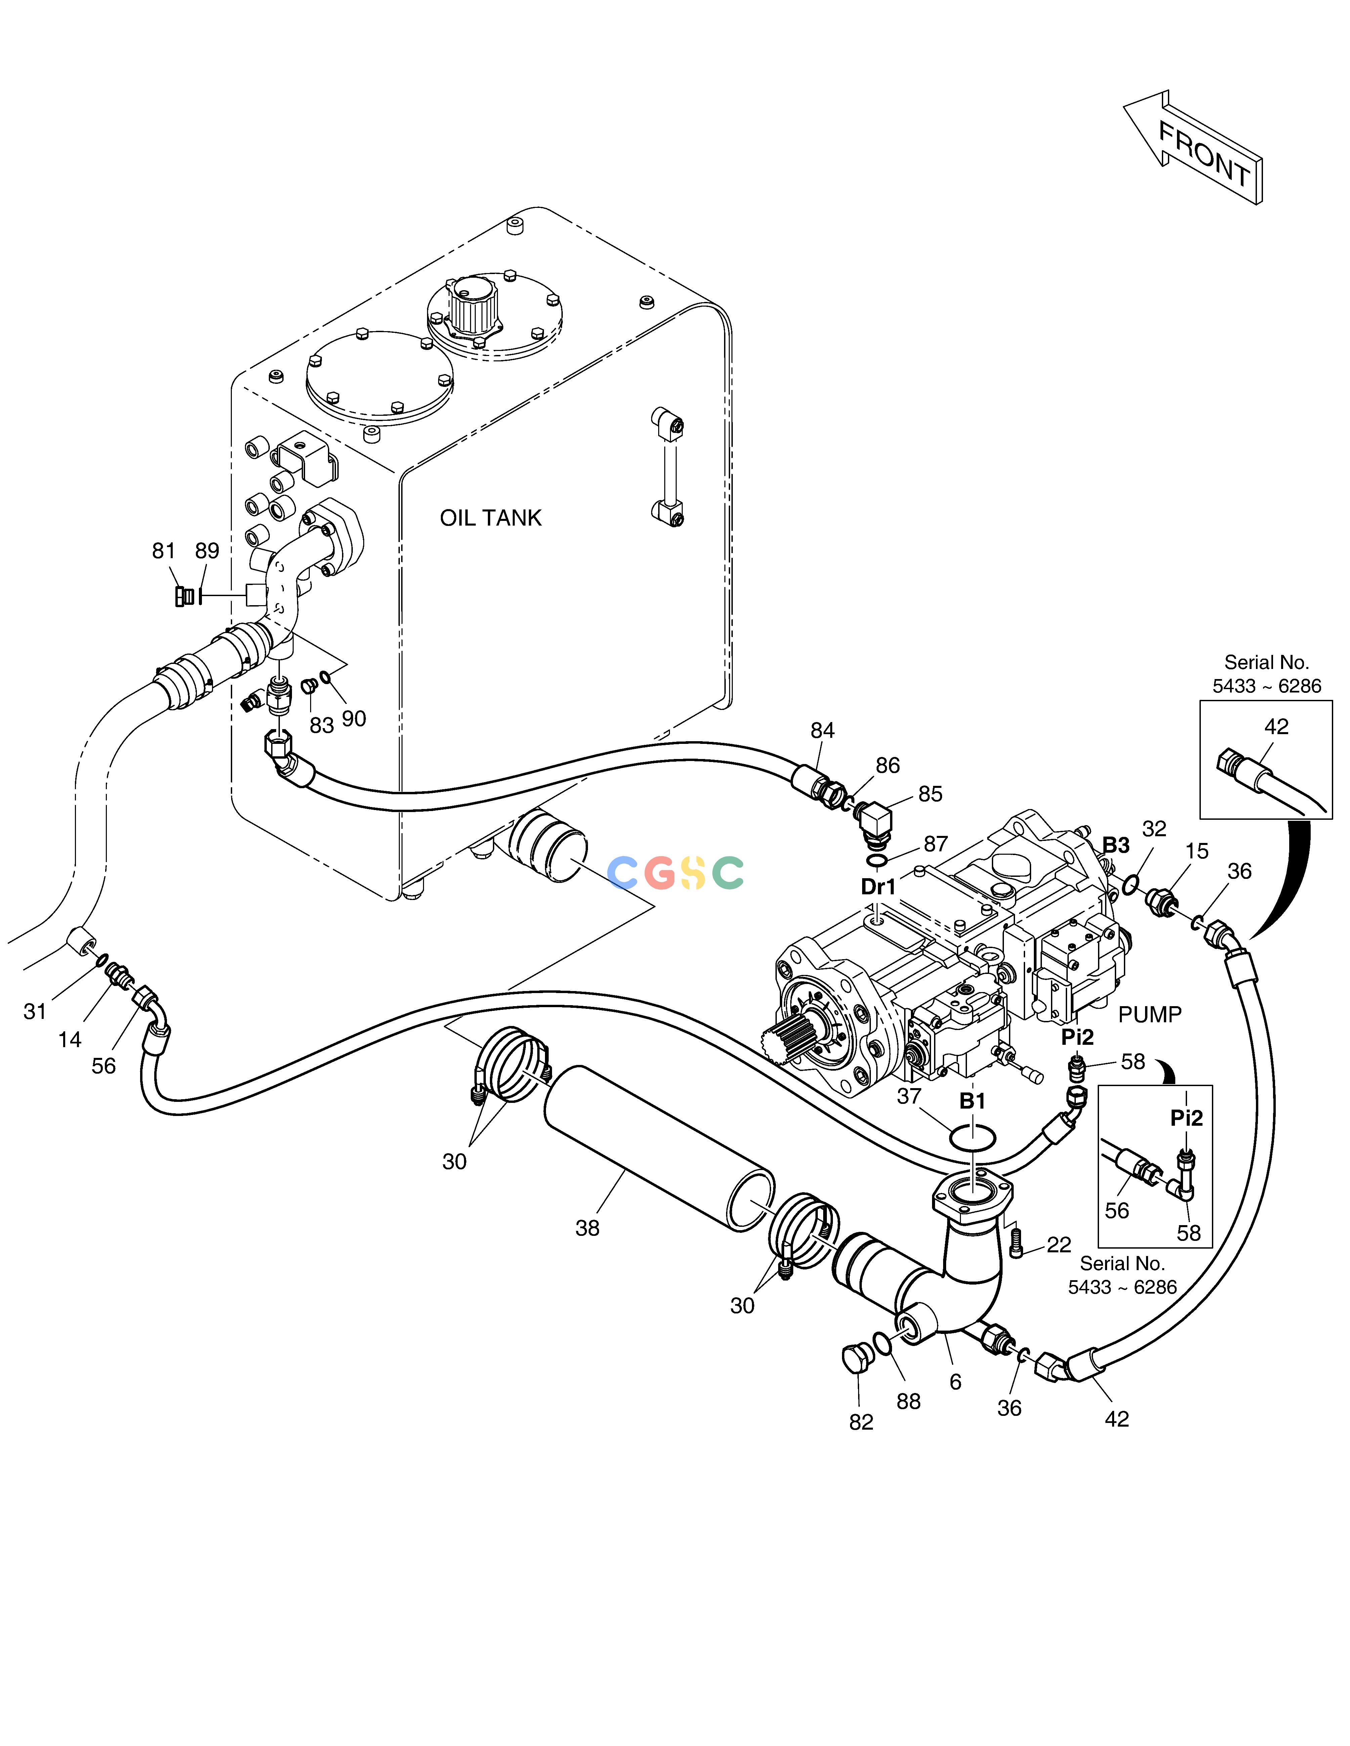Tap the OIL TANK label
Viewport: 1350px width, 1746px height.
(490, 518)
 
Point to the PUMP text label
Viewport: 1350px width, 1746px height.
(1149, 1015)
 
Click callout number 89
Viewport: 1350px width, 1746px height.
(207, 551)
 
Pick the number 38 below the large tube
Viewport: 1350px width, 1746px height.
(587, 1228)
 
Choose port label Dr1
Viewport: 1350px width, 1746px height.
(878, 887)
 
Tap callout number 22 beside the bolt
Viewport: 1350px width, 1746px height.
(1059, 1245)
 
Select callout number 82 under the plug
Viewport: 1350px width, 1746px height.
(861, 1422)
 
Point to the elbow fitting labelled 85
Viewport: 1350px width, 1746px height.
(873, 823)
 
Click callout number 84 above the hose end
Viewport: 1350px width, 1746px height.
(822, 730)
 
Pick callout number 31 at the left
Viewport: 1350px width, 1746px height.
(35, 1011)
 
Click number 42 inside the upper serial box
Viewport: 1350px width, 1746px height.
(1276, 727)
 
